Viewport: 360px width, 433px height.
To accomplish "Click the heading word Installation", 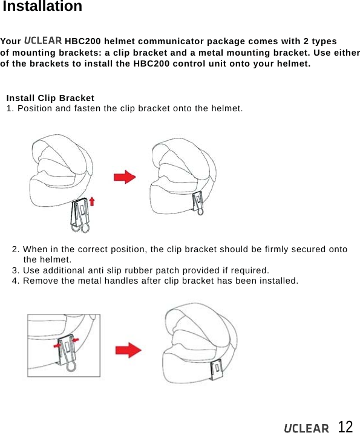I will [x=42, y=7].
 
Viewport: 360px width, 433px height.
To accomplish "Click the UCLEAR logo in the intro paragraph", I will [x=43, y=41].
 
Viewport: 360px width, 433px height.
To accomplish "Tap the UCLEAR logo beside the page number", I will [x=307, y=428].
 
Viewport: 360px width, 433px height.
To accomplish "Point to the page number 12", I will [x=345, y=426].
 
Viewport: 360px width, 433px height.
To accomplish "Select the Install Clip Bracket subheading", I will [x=50, y=97].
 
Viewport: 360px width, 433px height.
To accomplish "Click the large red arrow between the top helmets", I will [x=125, y=177].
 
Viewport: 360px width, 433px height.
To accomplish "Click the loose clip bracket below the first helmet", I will [x=80, y=216].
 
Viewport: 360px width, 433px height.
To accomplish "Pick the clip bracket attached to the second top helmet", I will [x=198, y=202].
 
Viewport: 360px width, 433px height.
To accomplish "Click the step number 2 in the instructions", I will [x=15, y=249].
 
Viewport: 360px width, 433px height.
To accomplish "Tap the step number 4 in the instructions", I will [x=15, y=281].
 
